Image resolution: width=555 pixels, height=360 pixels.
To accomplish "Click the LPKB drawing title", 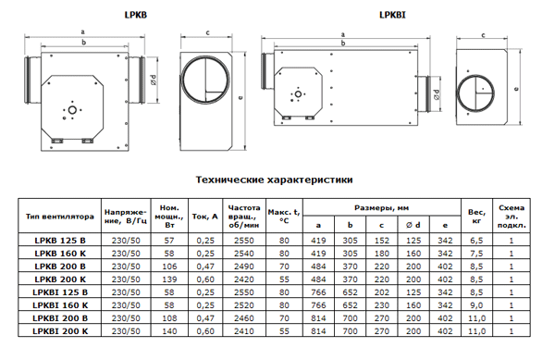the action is tap(136, 15).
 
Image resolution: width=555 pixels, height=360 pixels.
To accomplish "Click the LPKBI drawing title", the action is tap(392, 15).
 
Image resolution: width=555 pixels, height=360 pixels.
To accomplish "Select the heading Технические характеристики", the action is tap(275, 180).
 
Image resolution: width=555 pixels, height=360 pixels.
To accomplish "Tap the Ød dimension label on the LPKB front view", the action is tap(154, 80).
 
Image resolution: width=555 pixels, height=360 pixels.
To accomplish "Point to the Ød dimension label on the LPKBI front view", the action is tap(437, 94).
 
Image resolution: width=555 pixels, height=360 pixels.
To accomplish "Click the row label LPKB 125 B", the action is tap(60, 241).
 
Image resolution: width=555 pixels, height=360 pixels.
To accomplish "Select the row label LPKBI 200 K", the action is tap(60, 331).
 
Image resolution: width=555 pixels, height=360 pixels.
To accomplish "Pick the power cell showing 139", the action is tap(169, 279).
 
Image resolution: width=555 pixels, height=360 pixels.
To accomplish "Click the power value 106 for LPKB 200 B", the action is tap(169, 267).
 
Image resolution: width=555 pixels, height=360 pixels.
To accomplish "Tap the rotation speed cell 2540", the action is tap(244, 254).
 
